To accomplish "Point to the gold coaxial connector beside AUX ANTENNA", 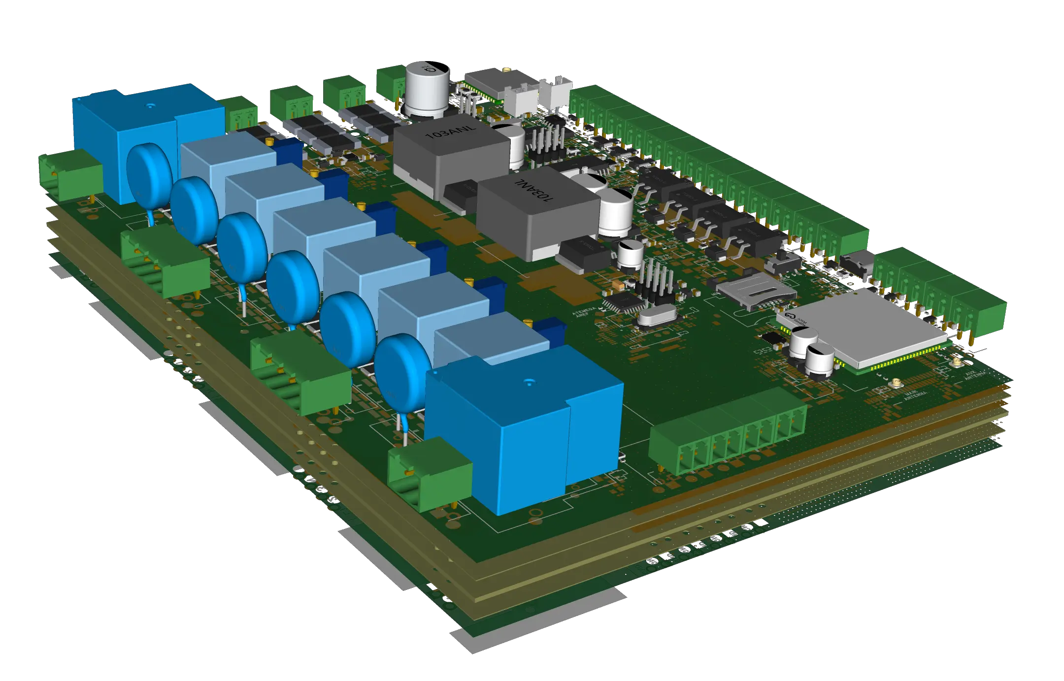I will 956,363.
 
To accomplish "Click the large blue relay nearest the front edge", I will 522,428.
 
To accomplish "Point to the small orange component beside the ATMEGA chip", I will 616,285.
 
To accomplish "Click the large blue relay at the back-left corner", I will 148,138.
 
